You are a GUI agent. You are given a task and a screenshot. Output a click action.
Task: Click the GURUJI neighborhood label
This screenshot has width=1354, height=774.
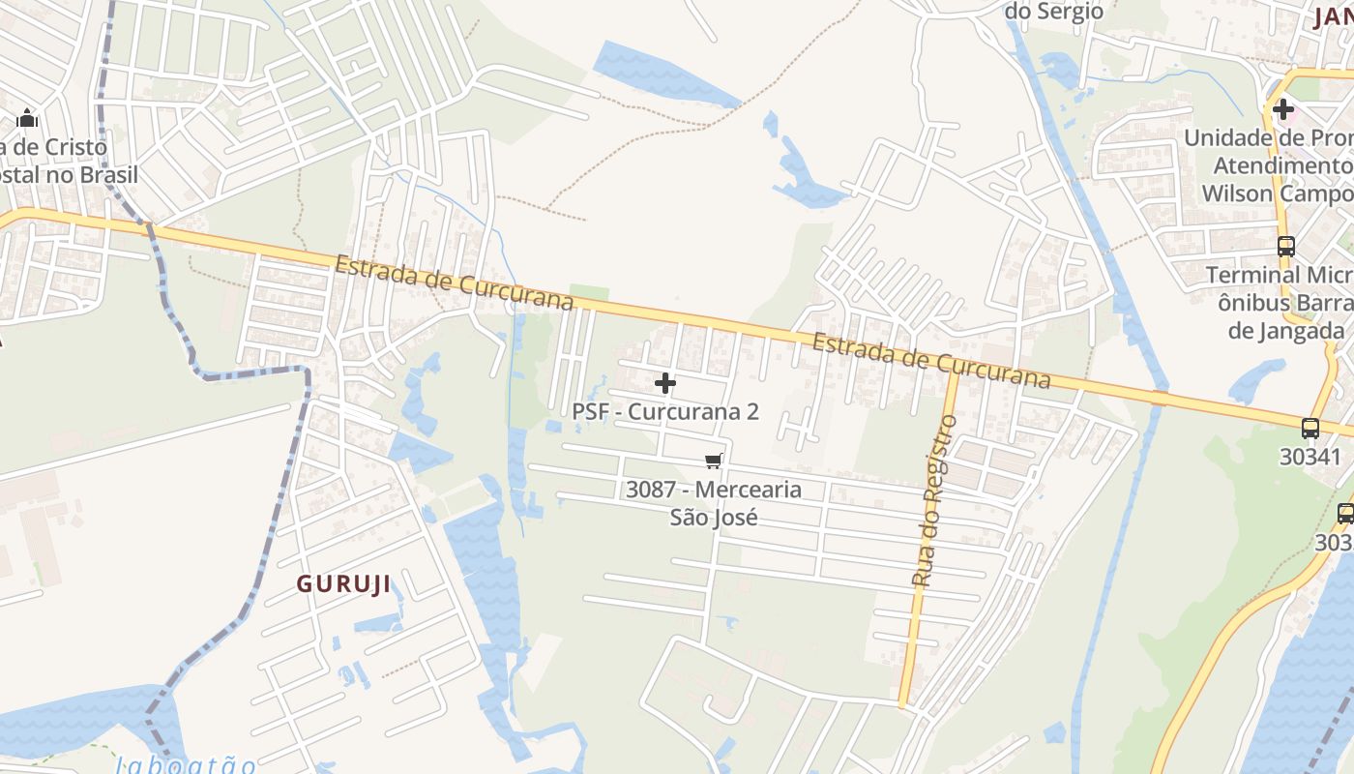343,584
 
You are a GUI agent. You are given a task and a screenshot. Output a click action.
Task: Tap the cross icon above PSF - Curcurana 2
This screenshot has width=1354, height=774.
665,384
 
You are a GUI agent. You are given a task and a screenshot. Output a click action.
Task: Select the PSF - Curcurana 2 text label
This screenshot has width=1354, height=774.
665,411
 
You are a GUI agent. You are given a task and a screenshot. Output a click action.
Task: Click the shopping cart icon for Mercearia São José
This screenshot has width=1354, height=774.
714,461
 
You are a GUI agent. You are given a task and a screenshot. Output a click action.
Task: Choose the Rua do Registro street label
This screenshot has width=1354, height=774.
934,500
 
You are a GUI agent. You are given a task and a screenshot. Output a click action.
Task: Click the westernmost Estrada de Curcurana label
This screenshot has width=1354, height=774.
455,283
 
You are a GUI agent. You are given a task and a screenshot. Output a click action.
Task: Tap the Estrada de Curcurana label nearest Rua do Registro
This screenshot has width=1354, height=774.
930,360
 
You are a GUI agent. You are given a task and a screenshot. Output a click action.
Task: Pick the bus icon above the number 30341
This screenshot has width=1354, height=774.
1310,428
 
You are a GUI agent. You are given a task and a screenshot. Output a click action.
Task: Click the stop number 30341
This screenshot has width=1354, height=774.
1310,456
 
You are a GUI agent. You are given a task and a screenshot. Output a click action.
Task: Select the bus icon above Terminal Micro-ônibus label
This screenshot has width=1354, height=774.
1286,247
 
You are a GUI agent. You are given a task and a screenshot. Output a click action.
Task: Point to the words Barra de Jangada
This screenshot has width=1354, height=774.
1291,316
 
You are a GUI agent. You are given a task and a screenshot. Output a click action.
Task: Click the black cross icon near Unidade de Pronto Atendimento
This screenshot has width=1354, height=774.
1283,109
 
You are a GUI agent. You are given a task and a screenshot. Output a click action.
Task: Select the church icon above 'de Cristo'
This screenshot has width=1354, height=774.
27,119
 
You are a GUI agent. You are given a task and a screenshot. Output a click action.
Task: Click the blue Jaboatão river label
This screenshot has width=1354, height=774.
186,765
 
